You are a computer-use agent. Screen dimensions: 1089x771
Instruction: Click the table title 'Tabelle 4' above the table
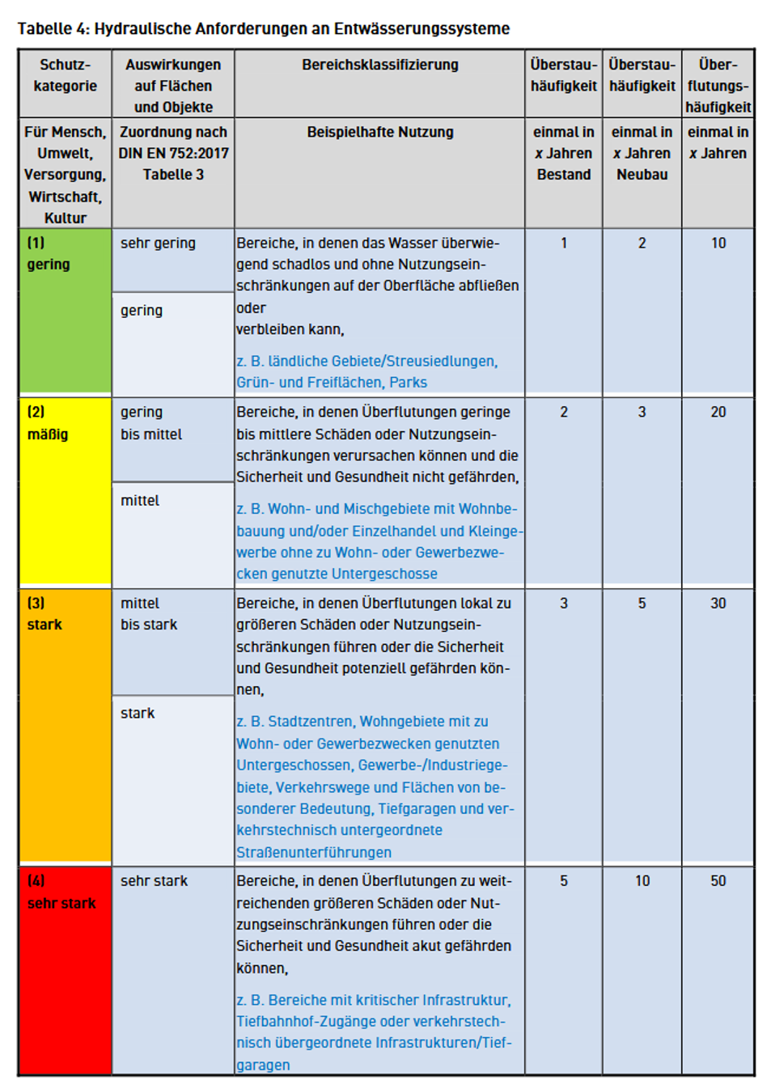(x=53, y=29)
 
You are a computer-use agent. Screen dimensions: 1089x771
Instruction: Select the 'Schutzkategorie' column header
(x=65, y=75)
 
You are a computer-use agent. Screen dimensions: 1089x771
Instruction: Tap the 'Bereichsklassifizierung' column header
(x=379, y=65)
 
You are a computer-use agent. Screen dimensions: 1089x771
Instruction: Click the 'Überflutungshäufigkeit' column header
(x=718, y=85)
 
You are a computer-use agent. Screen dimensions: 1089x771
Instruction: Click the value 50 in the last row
(x=718, y=881)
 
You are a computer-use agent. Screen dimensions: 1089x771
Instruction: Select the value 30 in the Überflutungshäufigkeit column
(x=718, y=604)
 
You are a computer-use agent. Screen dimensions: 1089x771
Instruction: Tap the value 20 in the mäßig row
(x=718, y=413)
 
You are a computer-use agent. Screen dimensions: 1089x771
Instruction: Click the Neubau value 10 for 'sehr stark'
(x=642, y=881)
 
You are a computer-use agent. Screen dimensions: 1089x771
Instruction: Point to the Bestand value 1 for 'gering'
(x=564, y=243)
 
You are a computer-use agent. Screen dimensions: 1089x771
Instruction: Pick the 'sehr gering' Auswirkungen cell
(x=158, y=243)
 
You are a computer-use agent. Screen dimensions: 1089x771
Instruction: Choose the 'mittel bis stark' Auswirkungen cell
(x=149, y=614)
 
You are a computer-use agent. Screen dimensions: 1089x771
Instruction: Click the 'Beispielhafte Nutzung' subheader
(x=379, y=132)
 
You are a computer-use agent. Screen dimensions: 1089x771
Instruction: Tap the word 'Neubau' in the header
(x=642, y=175)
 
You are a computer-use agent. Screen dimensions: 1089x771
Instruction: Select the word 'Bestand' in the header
(x=564, y=175)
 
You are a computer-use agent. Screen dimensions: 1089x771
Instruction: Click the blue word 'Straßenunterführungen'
(x=314, y=852)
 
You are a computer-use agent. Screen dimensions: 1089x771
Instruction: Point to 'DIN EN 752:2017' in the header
(x=173, y=153)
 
